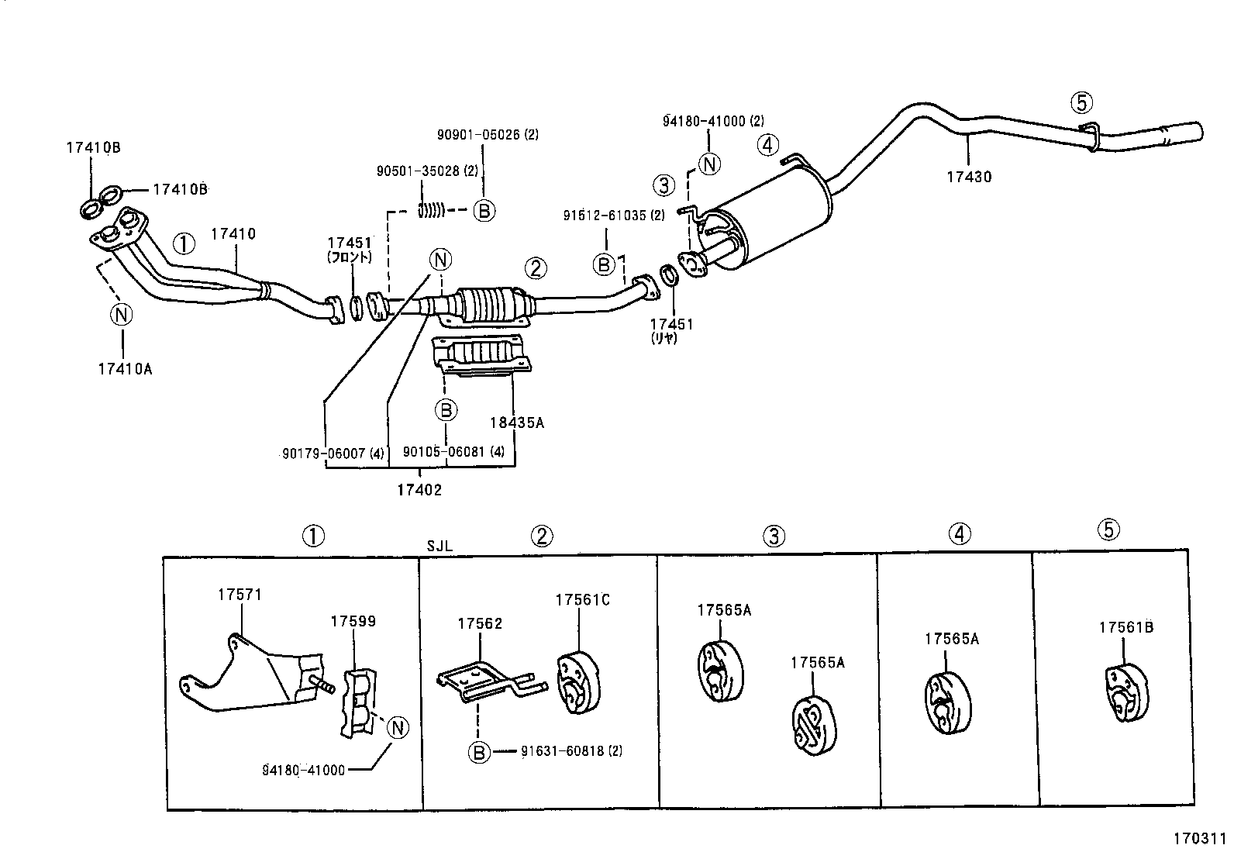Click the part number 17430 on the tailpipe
point(968,177)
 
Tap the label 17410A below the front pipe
point(124,369)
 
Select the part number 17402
point(419,490)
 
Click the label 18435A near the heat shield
point(516,423)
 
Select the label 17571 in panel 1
point(240,595)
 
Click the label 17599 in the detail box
point(353,621)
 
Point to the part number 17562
point(480,623)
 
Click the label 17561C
point(582,599)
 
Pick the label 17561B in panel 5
point(1125,627)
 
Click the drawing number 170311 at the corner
point(1198,838)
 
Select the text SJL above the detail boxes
point(439,546)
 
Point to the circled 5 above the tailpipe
point(1081,102)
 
